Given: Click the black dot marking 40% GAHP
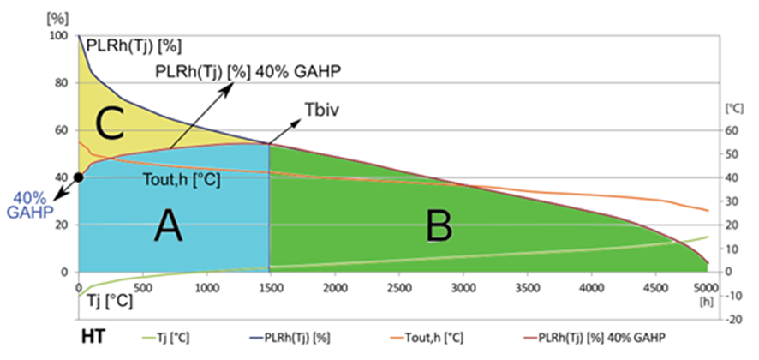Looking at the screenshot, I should click(79, 177).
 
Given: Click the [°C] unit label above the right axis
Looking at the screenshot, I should click(733, 110).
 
